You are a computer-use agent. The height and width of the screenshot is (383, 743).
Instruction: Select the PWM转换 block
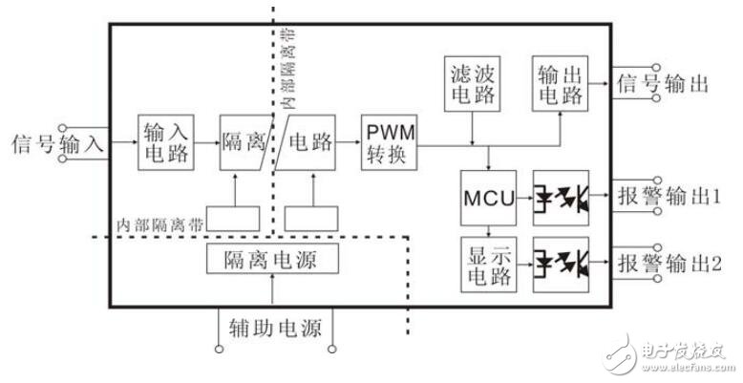click(x=389, y=143)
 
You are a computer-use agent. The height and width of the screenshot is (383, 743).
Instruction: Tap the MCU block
click(x=487, y=198)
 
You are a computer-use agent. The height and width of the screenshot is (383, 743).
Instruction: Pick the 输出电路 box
click(x=560, y=83)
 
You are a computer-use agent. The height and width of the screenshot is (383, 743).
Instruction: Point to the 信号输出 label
click(x=663, y=84)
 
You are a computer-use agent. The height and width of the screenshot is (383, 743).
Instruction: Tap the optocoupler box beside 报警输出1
click(x=561, y=198)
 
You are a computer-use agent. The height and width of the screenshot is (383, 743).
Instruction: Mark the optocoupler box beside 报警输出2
click(x=561, y=263)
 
